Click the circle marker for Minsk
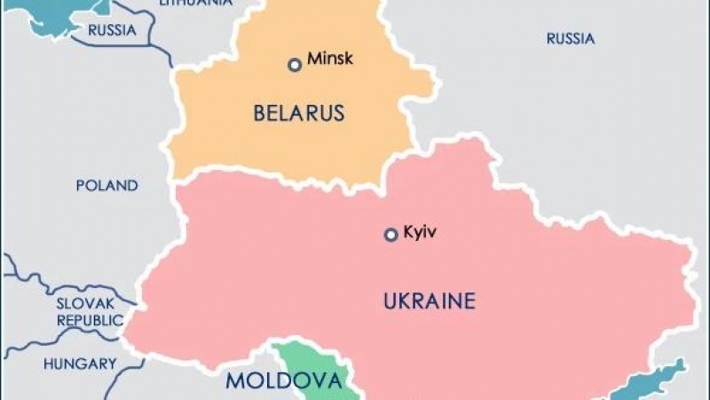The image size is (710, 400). pyautogui.click(x=295, y=64)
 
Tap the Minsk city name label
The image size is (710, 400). pyautogui.click(x=329, y=60)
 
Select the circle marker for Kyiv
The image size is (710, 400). pyautogui.click(x=390, y=235)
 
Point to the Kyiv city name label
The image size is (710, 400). pyautogui.click(x=421, y=233)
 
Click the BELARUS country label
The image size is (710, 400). pyautogui.click(x=298, y=114)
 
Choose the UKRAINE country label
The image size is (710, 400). pyautogui.click(x=429, y=301)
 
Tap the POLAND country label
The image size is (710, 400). pyautogui.click(x=106, y=186)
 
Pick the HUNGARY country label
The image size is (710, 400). pyautogui.click(x=80, y=364)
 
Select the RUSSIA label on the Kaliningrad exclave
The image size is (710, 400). pyautogui.click(x=111, y=30)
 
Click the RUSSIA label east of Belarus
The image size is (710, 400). pyautogui.click(x=570, y=38)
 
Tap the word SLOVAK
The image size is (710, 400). pyautogui.click(x=87, y=303)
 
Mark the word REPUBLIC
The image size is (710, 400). pyautogui.click(x=90, y=320)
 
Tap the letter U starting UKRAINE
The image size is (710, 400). pyautogui.click(x=390, y=301)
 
